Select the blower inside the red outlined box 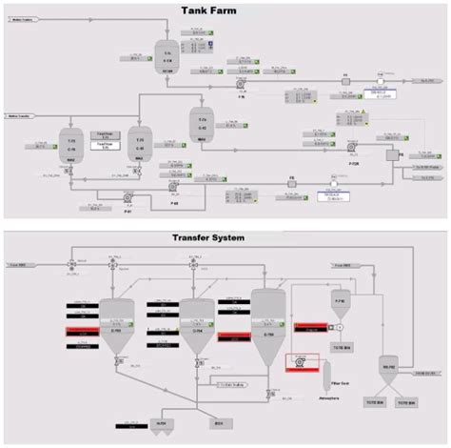tap(299, 362)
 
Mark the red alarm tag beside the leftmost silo tap(80, 331)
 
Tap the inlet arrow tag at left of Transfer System tap(18, 263)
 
